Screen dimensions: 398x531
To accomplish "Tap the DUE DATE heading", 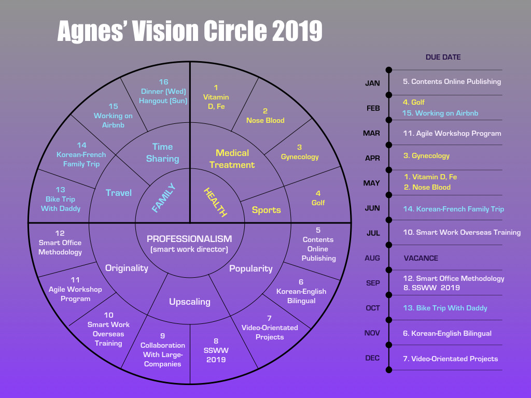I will [x=443, y=57].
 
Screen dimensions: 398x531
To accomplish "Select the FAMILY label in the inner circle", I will [x=164, y=198].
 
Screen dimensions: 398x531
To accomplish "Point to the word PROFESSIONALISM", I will [x=189, y=239].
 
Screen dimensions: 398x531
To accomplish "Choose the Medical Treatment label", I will [x=235, y=159].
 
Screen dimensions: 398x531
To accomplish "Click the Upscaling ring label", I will [x=190, y=302].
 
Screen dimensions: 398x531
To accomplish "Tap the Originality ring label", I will [x=127, y=268].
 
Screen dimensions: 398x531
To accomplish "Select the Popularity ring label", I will [x=251, y=268].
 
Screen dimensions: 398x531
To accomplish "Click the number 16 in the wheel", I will [x=163, y=82].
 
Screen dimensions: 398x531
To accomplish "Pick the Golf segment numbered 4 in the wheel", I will [x=318, y=198].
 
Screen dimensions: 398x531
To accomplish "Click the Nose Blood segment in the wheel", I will [x=265, y=116].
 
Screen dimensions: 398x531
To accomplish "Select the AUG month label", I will [x=372, y=258].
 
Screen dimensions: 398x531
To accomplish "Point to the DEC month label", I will [x=372, y=358].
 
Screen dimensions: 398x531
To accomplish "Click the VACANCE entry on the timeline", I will [x=421, y=258].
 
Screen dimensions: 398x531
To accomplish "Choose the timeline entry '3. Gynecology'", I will [x=426, y=155].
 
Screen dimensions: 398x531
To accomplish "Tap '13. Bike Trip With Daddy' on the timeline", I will [x=445, y=308].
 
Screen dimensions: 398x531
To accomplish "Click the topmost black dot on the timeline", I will [x=389, y=70].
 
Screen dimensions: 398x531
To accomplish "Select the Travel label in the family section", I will [x=119, y=193].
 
